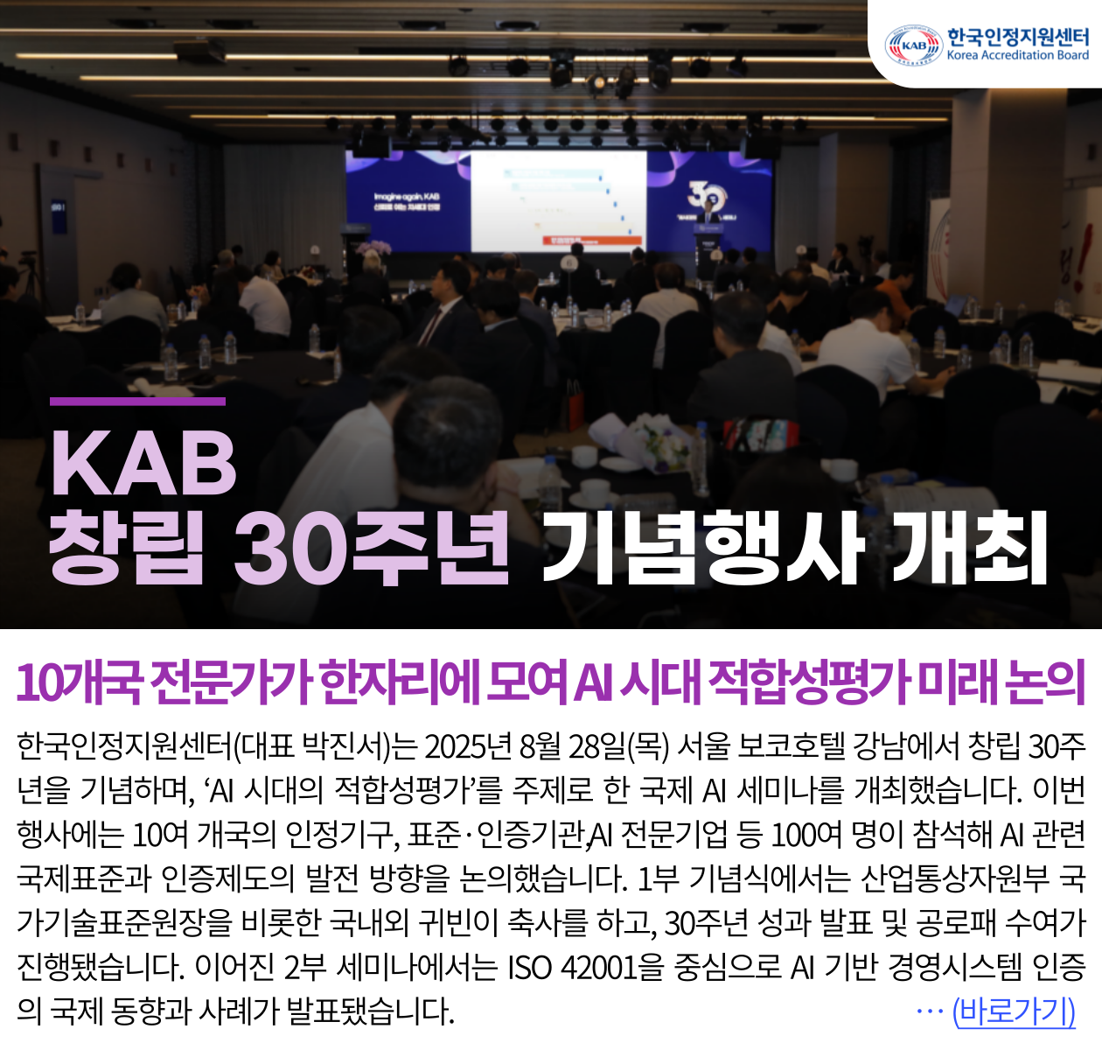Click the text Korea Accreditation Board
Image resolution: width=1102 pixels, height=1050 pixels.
click(1018, 55)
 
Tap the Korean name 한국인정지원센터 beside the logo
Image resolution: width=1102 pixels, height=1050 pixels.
click(1018, 36)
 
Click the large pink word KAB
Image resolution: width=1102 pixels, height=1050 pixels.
click(143, 463)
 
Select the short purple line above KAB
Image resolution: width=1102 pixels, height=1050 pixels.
click(137, 402)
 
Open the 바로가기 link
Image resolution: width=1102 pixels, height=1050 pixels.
click(1014, 1011)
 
